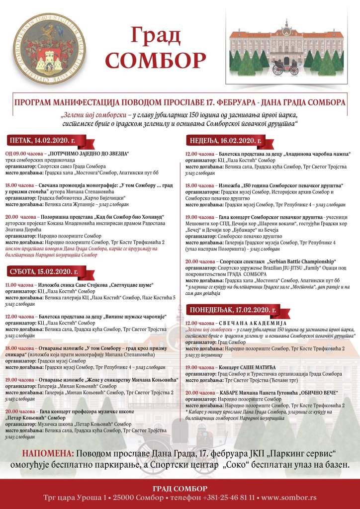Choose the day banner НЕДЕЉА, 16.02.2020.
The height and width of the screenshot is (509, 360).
point(225,140)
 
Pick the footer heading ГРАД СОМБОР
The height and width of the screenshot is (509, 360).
point(180,488)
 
